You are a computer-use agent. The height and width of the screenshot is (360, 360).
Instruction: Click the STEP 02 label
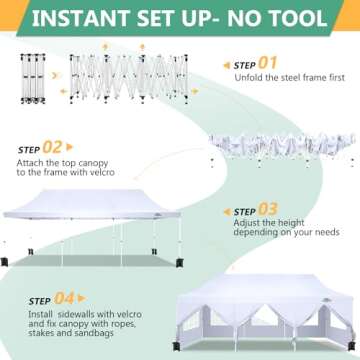pyautogui.click(x=42, y=147)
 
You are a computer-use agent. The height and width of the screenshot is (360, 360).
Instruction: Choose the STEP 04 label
pyautogui.click(x=42, y=296)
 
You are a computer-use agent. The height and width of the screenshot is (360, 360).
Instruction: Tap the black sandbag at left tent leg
pyautogui.click(x=7, y=263)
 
